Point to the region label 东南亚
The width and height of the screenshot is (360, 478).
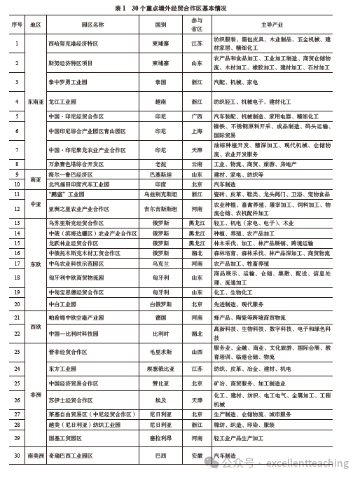(36, 101)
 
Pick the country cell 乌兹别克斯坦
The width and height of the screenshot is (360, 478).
(160, 193)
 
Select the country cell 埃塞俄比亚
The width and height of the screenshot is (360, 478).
(160, 367)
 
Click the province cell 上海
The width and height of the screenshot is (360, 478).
(197, 131)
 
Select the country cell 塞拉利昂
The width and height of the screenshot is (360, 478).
(160, 437)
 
